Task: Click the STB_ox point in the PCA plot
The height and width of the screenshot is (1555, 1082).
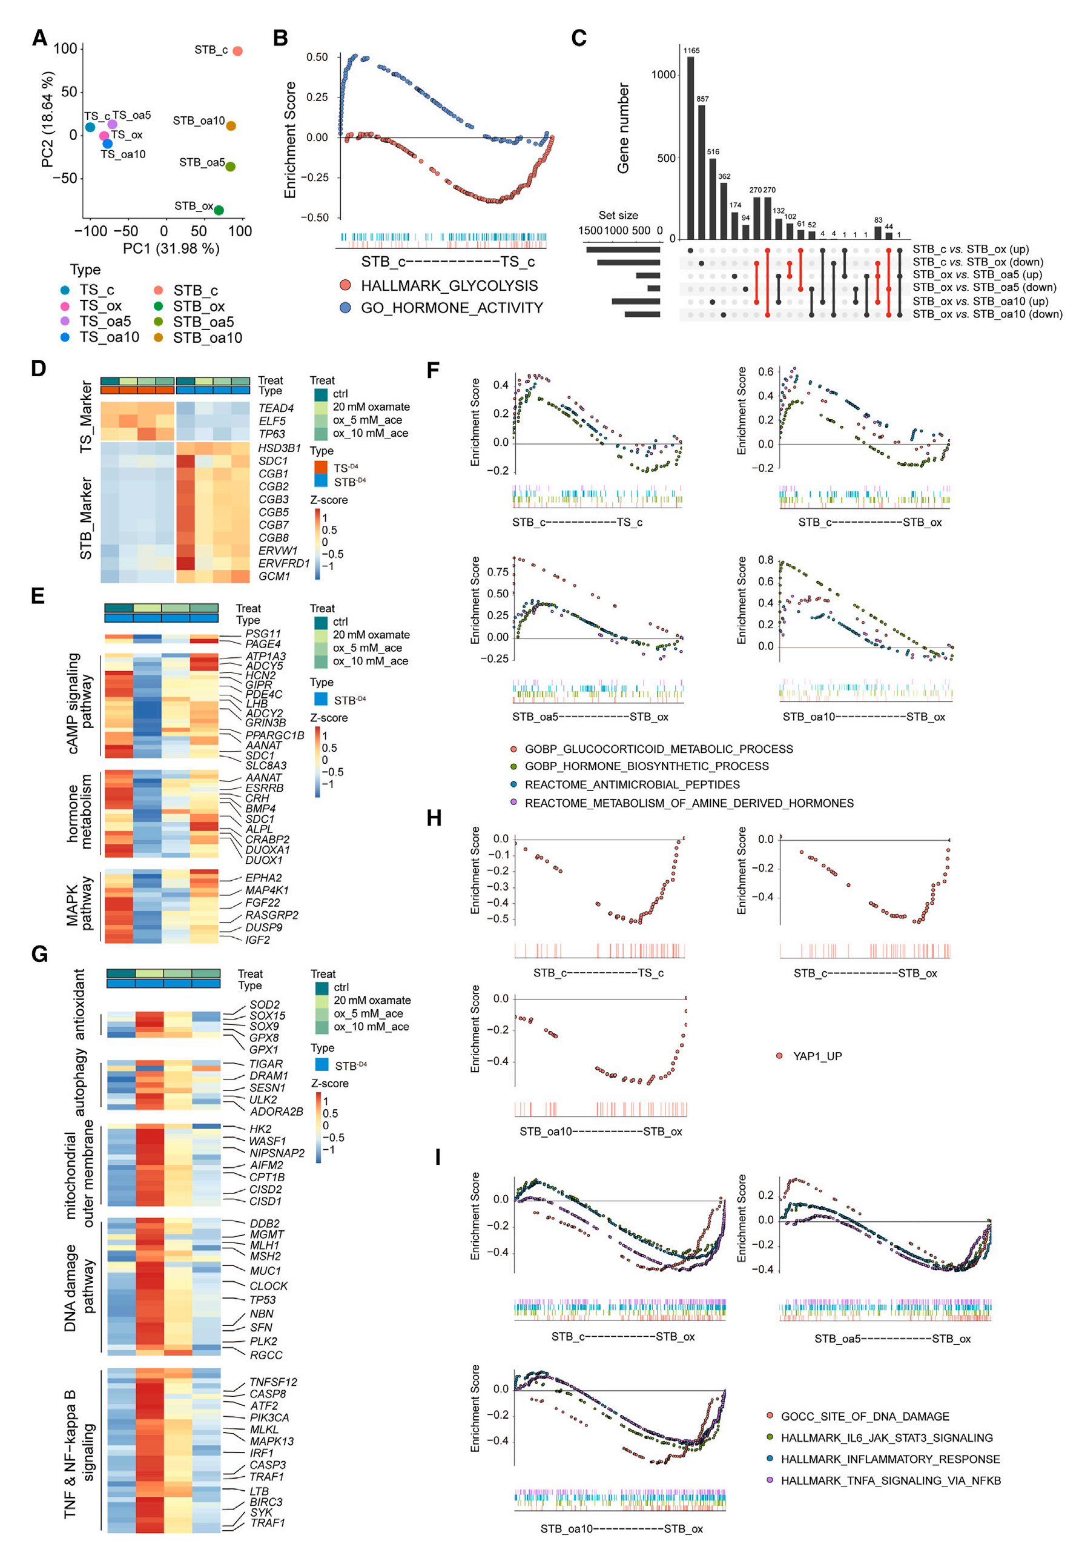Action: point(218,210)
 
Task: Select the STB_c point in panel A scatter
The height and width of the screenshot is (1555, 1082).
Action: point(237,51)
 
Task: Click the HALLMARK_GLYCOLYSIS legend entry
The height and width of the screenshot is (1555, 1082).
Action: point(449,286)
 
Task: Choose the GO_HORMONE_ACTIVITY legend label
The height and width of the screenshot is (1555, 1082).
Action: point(452,308)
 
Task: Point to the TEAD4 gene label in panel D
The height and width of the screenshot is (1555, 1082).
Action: point(276,408)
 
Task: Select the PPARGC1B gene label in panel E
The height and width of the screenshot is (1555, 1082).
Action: point(274,735)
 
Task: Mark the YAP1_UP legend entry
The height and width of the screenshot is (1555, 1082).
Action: point(817,1056)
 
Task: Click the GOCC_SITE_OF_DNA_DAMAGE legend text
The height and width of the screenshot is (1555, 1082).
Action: point(865,1417)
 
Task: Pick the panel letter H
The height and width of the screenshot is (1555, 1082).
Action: point(434,818)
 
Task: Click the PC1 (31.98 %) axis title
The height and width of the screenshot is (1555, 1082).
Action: point(171,248)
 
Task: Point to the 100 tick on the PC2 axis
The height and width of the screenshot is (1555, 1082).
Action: point(65,48)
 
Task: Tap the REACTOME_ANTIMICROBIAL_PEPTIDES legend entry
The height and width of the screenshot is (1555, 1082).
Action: point(632,785)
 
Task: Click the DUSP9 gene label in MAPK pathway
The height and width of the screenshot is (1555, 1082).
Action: point(263,928)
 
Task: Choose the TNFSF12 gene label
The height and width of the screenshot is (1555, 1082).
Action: point(273,1382)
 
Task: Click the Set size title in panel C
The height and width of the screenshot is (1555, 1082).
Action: point(618,216)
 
